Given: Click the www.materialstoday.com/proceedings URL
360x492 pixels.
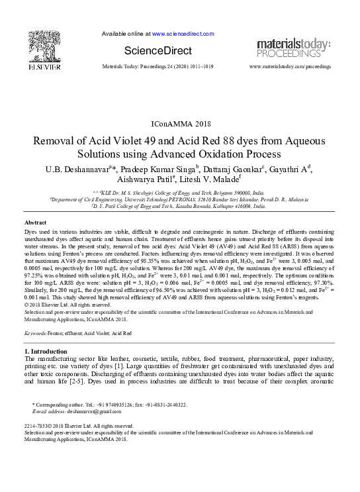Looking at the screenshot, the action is point(290,68).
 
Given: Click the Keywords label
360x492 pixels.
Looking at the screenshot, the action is point(39,334).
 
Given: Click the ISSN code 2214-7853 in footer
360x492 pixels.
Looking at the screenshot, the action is point(36,426).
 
